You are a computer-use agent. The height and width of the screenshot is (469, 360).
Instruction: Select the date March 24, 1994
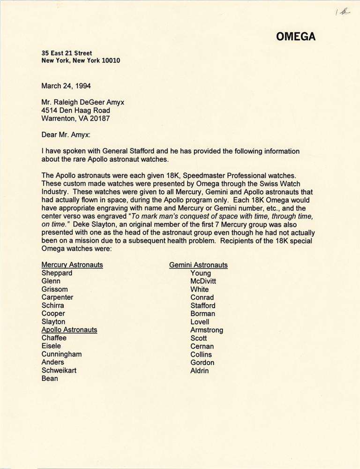pyautogui.click(x=66, y=86)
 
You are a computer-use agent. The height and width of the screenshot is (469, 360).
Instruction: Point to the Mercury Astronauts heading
pyautogui.click(x=72, y=265)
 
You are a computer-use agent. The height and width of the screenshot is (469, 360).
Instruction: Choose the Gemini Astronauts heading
pyautogui.click(x=198, y=265)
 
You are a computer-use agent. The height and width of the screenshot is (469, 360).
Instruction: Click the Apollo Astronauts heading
pyautogui.click(x=69, y=330)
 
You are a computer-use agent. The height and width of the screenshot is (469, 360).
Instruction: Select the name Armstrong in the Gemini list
pyautogui.click(x=207, y=330)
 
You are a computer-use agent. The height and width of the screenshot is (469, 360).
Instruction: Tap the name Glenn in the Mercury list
pyautogui.click(x=51, y=281)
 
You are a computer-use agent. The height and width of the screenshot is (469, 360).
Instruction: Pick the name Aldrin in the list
pyautogui.click(x=200, y=371)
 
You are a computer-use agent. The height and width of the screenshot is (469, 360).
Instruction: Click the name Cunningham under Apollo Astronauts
pyautogui.click(x=61, y=354)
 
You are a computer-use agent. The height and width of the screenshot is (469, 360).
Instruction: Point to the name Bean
pyautogui.click(x=50, y=378)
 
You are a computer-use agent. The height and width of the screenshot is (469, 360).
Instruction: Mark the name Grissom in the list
pyautogui.click(x=54, y=289)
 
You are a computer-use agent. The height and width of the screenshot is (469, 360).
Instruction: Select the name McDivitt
pyautogui.click(x=203, y=281)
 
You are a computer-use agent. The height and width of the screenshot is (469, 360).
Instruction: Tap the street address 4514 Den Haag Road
pyautogui.click(x=76, y=110)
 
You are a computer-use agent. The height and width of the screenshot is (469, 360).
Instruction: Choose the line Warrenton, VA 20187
pyautogui.click(x=75, y=119)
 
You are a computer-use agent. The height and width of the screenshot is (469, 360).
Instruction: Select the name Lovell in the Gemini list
pyautogui.click(x=200, y=322)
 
